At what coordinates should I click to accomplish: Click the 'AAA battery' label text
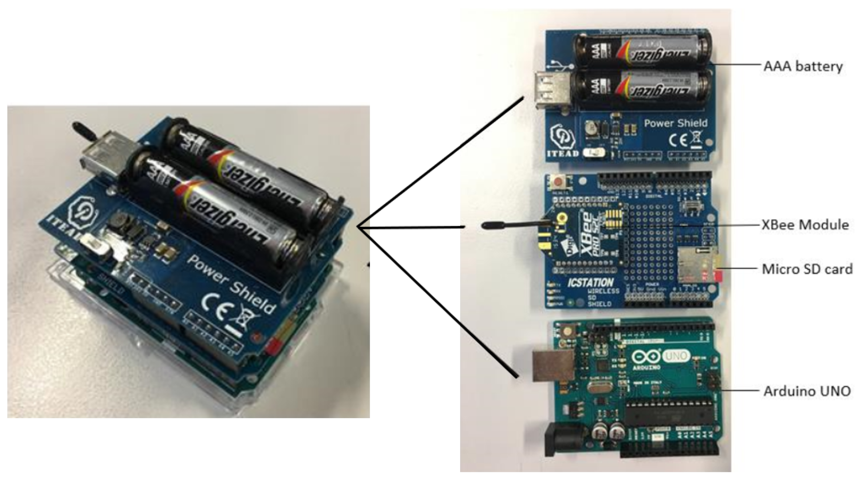tap(803, 66)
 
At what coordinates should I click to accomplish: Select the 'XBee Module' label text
tap(805, 225)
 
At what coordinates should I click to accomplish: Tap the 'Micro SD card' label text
tap(807, 269)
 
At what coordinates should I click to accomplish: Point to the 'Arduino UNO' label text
tap(807, 391)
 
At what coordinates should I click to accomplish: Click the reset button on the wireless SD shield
tap(557, 183)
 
